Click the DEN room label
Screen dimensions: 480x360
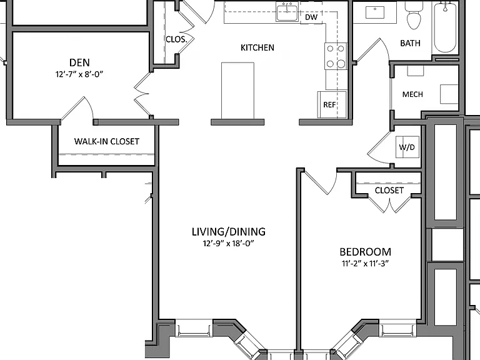(x=79, y=62)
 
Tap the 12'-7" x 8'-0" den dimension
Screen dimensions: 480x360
(x=79, y=74)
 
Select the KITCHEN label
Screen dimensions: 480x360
(x=257, y=47)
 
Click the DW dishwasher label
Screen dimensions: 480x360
(x=311, y=17)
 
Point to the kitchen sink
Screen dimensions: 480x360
(x=287, y=12)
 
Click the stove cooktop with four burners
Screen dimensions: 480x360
(x=336, y=56)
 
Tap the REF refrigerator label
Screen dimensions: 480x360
(x=329, y=105)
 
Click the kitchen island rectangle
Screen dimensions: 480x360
(x=237, y=91)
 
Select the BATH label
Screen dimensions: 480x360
(x=410, y=43)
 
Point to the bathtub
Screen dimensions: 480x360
(x=445, y=27)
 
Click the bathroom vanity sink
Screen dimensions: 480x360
(x=375, y=12)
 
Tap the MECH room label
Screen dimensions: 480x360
(x=412, y=94)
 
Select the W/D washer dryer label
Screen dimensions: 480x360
(x=407, y=147)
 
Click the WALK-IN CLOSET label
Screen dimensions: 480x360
(x=106, y=141)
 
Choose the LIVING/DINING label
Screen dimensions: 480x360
(x=228, y=232)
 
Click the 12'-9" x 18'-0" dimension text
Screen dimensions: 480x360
(x=228, y=243)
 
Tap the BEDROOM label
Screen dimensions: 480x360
(x=365, y=252)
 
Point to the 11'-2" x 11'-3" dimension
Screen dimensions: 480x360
(x=365, y=263)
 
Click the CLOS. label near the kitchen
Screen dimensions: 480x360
(x=176, y=39)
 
